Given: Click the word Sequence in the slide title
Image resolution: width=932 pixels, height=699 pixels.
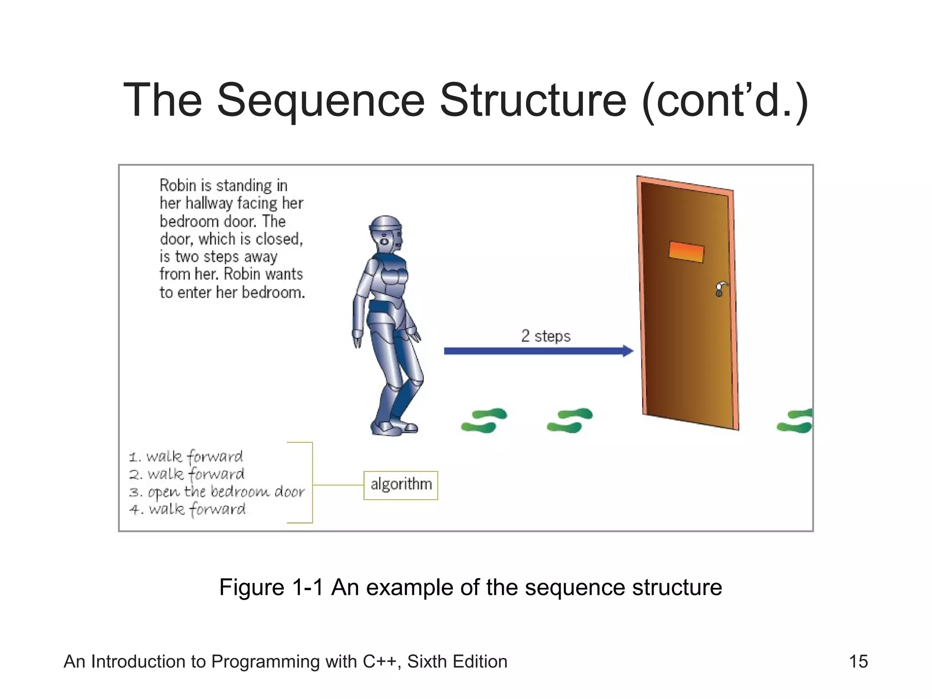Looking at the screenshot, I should (x=321, y=101).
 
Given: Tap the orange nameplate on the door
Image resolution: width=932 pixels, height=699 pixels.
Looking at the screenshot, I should (x=686, y=252).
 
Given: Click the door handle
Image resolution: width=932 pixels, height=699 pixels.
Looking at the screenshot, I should (x=720, y=289).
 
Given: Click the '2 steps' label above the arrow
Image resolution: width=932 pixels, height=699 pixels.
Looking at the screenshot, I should (x=545, y=336).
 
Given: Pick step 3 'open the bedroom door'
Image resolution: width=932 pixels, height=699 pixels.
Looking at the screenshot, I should (x=217, y=492).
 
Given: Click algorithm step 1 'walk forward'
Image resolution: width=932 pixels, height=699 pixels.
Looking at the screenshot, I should (x=186, y=456).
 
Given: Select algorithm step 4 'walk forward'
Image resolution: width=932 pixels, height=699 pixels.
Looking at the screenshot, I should (x=187, y=509).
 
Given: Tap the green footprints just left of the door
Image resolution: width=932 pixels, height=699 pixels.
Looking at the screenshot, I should (x=570, y=420).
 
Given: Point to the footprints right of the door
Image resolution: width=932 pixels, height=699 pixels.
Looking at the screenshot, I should (x=795, y=421).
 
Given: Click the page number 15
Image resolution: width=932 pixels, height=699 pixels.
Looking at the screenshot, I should (x=858, y=662).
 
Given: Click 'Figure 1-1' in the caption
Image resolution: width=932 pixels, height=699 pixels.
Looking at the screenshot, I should (x=271, y=588).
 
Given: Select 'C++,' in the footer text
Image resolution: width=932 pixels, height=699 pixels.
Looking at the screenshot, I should (x=382, y=662).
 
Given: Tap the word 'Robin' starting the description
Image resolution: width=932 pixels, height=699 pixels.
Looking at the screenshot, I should (x=178, y=186).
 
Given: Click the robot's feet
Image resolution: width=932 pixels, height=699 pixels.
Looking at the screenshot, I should (x=394, y=428).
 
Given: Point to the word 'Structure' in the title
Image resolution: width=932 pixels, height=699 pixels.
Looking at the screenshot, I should (x=533, y=101).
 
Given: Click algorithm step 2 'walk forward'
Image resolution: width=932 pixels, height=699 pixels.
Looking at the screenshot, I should (x=187, y=474).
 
